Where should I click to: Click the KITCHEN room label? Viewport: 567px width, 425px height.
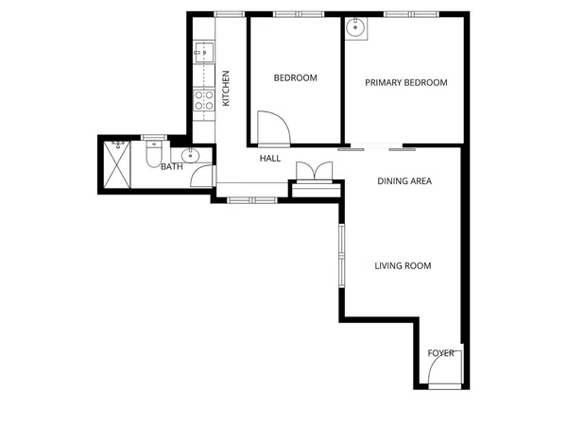pos(226,89)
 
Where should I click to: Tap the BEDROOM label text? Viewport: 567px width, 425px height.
pos(296,77)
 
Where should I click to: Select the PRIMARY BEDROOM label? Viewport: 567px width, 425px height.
pos(406,83)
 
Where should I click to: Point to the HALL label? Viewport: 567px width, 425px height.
pos(270,159)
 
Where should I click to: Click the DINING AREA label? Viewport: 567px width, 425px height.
pos(404,181)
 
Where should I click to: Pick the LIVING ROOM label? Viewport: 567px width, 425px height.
pos(403,266)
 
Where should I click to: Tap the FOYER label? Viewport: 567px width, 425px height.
pos(440,353)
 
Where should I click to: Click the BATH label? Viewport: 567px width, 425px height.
pos(172,166)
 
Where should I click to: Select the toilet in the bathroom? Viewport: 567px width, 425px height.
pos(154,154)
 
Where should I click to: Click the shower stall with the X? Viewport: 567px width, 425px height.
pos(117,164)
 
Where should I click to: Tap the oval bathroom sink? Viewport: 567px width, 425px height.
pos(190,156)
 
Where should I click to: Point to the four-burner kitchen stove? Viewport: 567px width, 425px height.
pos(203,100)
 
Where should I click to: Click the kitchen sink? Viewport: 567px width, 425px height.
pos(204,52)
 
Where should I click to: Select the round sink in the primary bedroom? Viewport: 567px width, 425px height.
pos(356,27)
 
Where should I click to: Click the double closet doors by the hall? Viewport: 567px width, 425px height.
pos(315,171)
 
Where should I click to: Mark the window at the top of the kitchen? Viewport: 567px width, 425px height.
pos(230,14)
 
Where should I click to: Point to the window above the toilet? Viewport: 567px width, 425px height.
pos(154,137)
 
